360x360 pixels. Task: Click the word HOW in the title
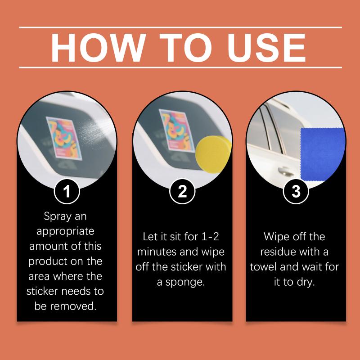click(x=99, y=48)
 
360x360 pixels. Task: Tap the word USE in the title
click(x=266, y=48)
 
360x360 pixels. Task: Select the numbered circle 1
click(x=67, y=191)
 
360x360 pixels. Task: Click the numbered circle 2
click(x=182, y=191)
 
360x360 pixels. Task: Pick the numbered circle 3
click(x=296, y=191)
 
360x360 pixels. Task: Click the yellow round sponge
click(x=213, y=154)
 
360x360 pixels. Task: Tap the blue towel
click(x=323, y=154)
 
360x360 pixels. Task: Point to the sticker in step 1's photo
click(x=64, y=138)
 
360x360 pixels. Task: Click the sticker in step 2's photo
click(x=177, y=130)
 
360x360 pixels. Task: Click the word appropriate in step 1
click(x=65, y=231)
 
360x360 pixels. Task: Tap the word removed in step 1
click(x=73, y=306)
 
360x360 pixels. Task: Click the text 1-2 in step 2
click(x=210, y=237)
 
